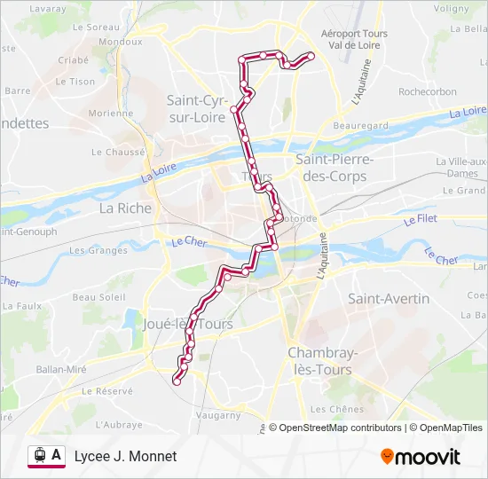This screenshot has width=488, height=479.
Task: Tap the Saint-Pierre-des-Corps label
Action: (335, 167)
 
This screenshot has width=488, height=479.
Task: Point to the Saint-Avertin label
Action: (389, 299)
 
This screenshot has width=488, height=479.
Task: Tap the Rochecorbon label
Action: (428, 91)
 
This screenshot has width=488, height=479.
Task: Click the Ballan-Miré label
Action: (60, 368)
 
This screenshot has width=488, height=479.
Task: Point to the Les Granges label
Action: (98, 250)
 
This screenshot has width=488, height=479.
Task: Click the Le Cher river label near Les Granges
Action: (189, 240)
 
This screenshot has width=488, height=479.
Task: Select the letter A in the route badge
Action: (57, 455)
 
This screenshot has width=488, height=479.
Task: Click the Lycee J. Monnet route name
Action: (126, 456)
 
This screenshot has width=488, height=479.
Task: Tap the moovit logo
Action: (420, 457)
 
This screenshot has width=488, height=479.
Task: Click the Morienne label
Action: (111, 114)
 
